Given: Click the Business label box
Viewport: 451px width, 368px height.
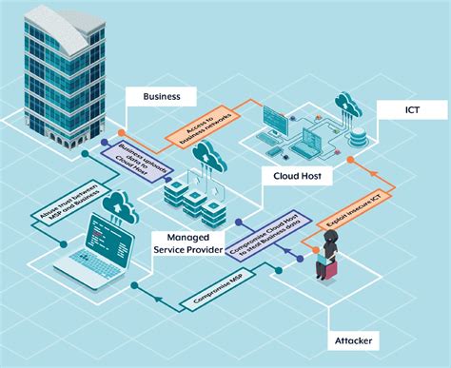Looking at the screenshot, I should coord(161,96).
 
